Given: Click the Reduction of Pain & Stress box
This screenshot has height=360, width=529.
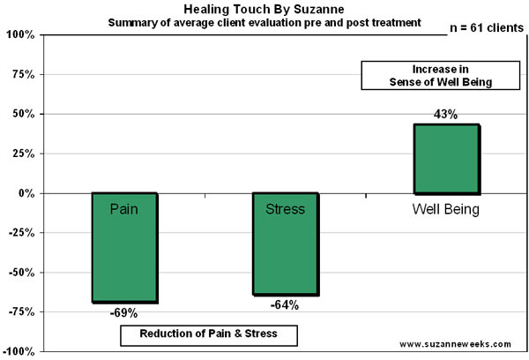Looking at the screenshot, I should pos(209,335).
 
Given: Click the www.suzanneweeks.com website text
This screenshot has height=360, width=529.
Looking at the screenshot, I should pos(457,343).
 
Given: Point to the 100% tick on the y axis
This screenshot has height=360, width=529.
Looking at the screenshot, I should pos(19,35).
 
